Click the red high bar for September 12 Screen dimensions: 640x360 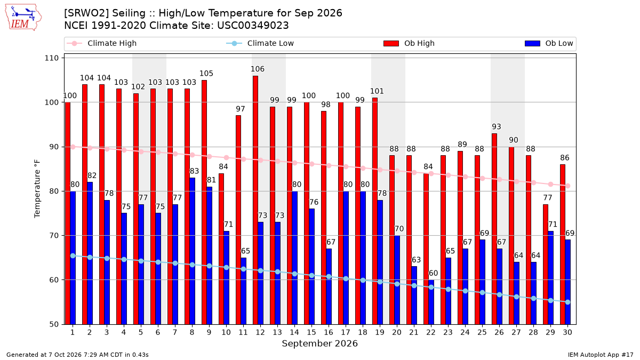point(255,200)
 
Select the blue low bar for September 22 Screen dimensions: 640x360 point(431,302)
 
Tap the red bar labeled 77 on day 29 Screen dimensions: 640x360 point(546,265)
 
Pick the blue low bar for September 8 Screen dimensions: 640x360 point(193,251)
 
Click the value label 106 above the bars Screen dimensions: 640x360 point(258,69)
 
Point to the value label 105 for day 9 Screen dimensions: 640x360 point(206,74)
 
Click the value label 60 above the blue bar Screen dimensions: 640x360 point(433,273)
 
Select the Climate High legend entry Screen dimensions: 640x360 point(101,43)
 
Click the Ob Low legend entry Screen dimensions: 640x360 point(549,43)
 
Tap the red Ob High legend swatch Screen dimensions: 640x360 point(391,43)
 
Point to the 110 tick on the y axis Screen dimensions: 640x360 point(51,58)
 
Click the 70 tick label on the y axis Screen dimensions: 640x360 point(54,236)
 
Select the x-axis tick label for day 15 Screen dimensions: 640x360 point(311,332)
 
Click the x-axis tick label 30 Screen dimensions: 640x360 point(567,332)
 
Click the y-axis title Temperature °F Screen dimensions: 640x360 point(37,189)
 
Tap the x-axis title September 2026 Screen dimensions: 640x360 point(319,343)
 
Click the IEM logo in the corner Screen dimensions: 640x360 point(23,18)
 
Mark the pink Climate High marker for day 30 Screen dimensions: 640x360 point(567,186)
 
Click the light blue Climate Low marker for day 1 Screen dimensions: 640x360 point(73,256)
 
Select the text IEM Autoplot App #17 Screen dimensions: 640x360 point(601,355)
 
